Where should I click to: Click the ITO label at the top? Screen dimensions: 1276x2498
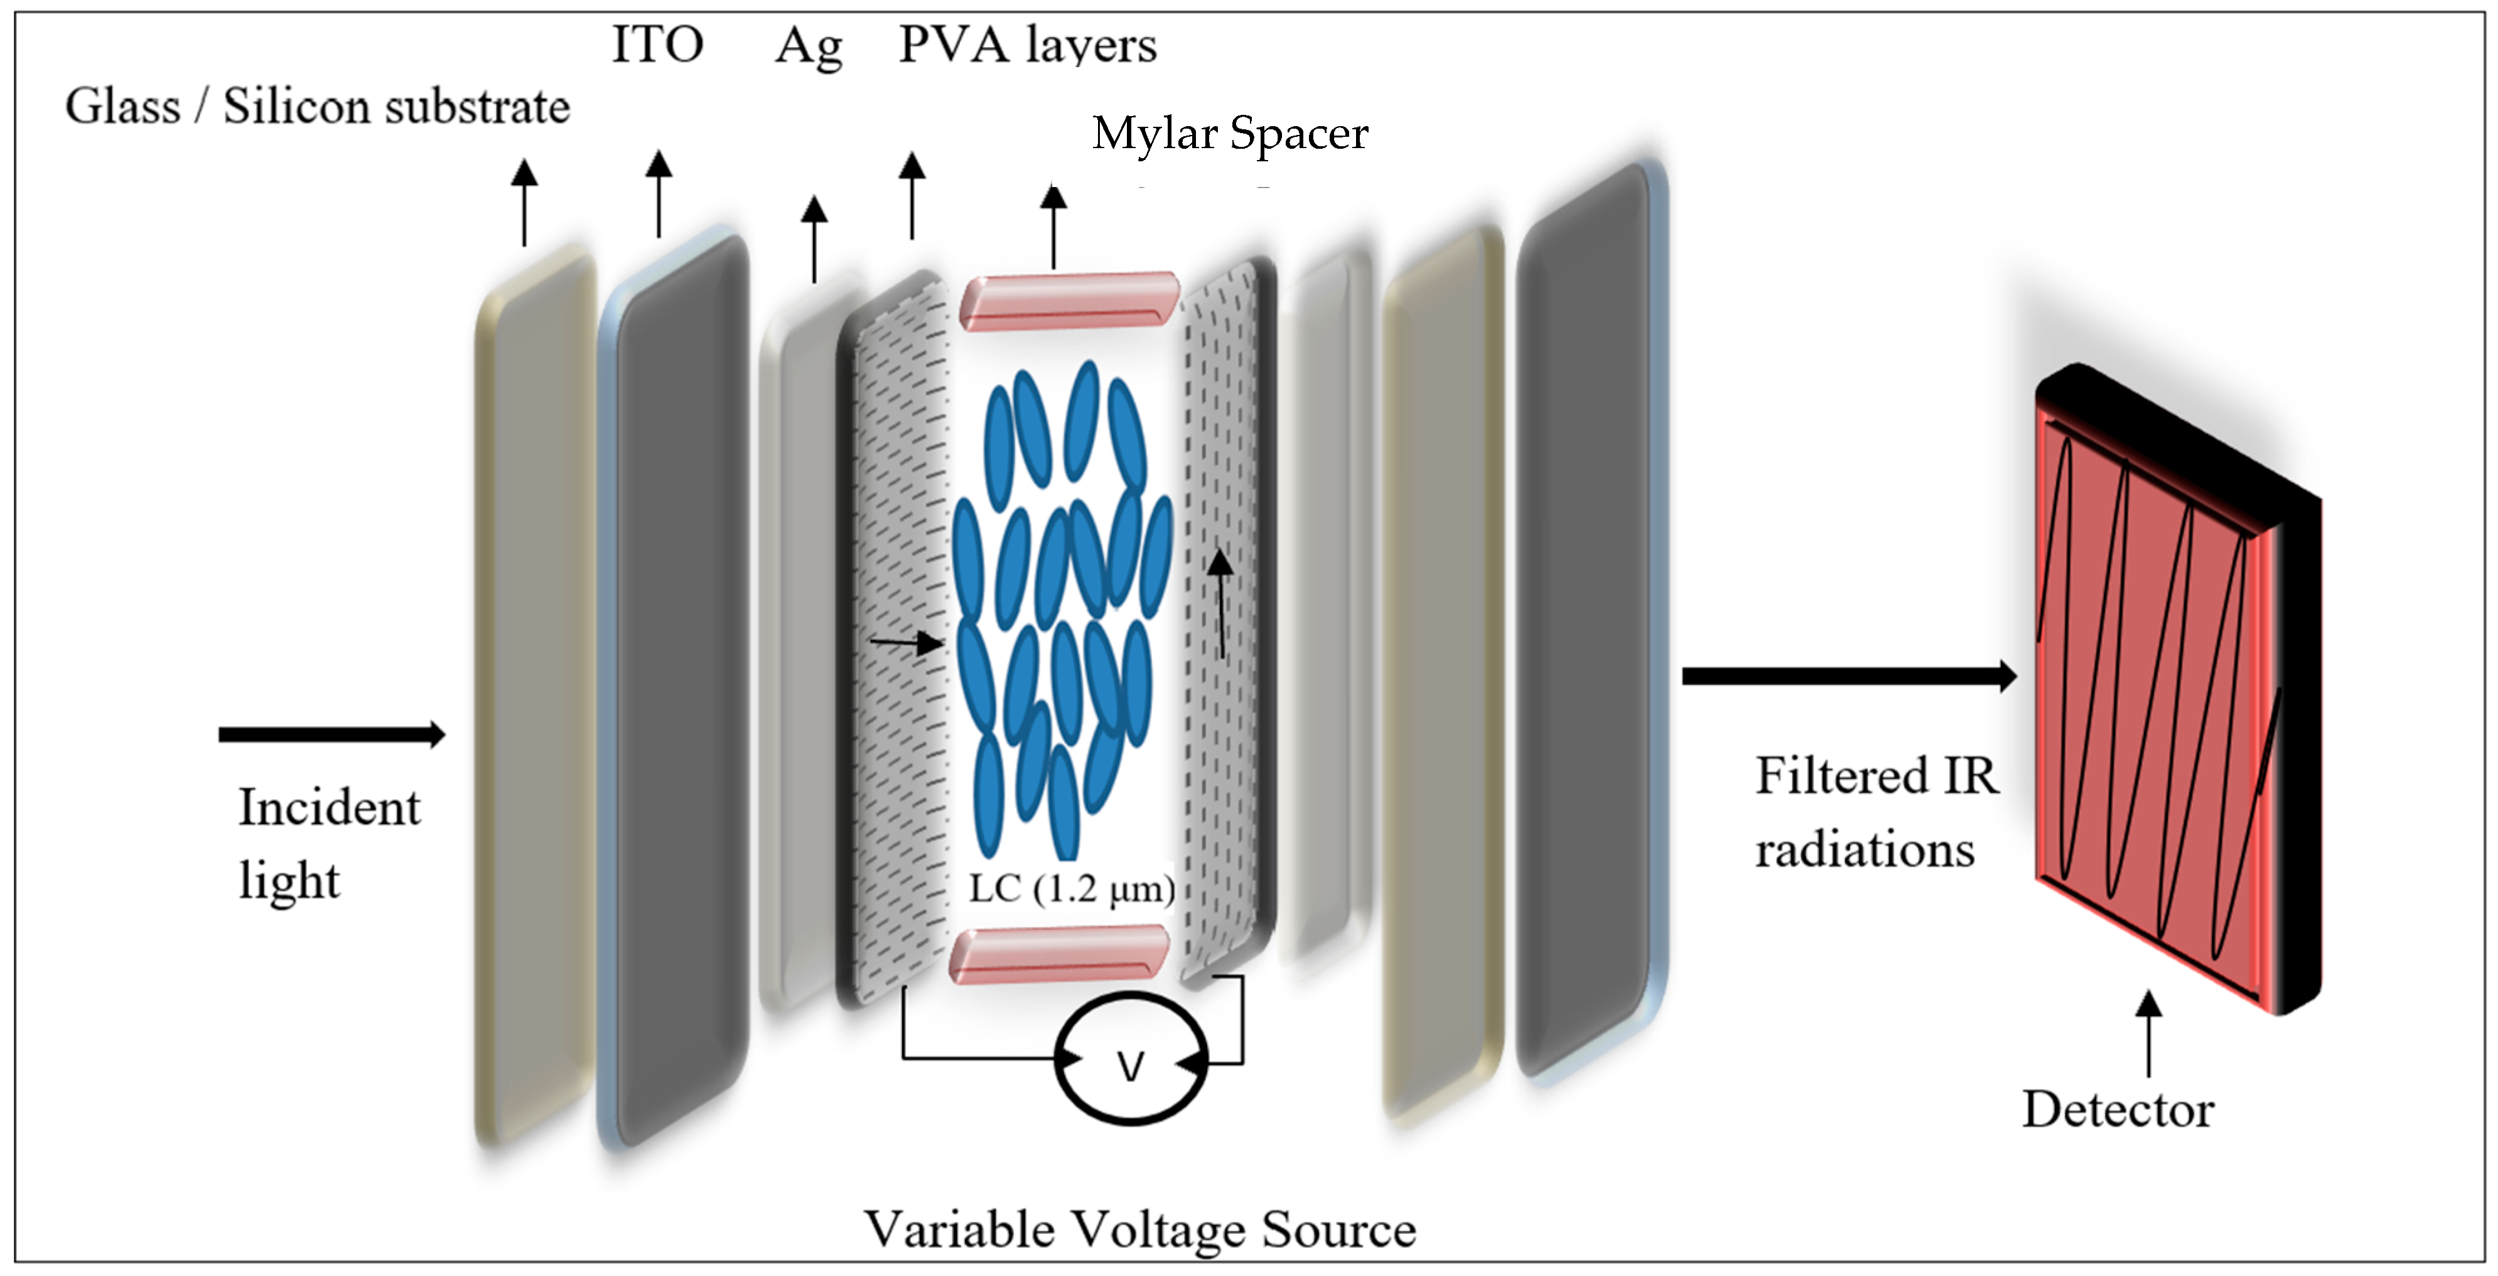pos(657,45)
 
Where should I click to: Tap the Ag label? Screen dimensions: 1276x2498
pos(809,46)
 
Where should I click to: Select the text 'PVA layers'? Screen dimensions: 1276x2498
pos(1027,45)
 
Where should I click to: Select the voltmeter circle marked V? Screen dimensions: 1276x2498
pos(1131,1059)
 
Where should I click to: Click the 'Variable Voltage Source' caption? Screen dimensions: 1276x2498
pos(1139,1230)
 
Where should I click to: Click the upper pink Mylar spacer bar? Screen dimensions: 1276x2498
pos(1069,301)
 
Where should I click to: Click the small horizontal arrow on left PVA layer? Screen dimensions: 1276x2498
pos(906,642)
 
